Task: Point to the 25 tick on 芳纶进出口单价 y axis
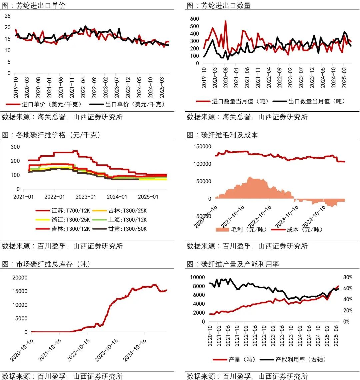(x=8, y=16)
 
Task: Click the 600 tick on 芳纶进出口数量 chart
(x=195, y=19)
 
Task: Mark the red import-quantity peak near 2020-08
(x=225, y=21)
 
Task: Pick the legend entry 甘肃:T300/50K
(x=127, y=229)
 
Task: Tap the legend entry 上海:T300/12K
(x=127, y=220)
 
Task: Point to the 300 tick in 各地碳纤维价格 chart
(x=15, y=147)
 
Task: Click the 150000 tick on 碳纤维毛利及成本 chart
(x=202, y=146)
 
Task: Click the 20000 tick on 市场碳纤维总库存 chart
(x=19, y=277)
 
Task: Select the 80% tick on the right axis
(x=348, y=277)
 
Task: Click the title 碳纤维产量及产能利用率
(x=240, y=264)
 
